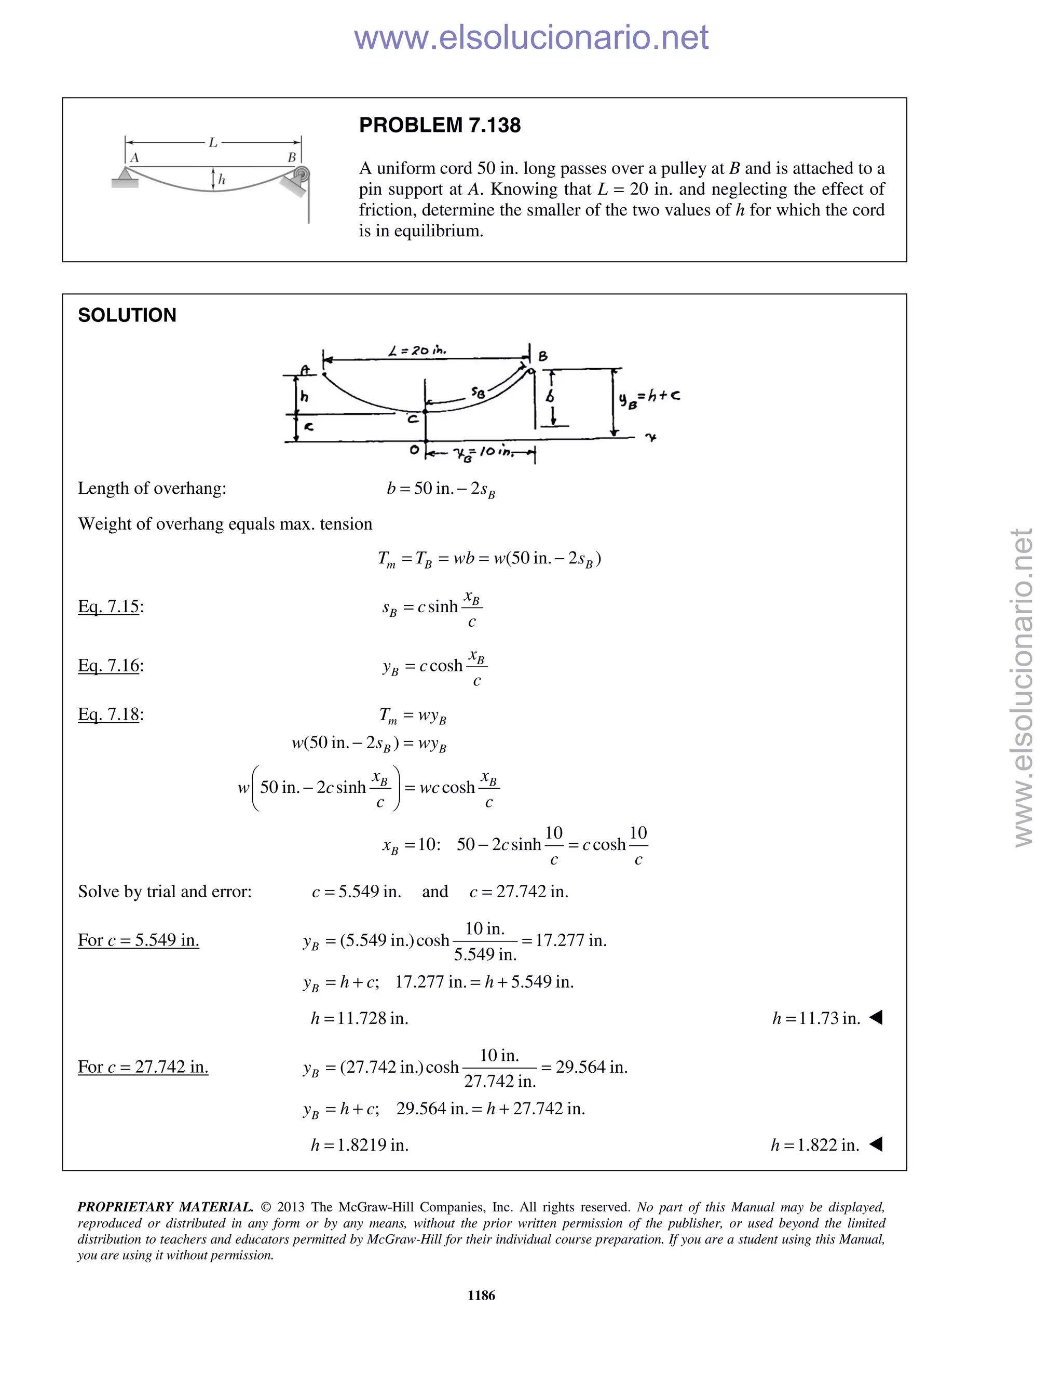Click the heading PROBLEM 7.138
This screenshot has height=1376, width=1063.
pos(440,125)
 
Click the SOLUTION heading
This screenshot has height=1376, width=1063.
pos(127,315)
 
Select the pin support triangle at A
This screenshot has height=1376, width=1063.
pos(125,176)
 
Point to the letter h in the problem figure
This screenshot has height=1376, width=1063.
pos(222,180)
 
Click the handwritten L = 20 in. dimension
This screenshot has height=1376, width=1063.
pos(417,350)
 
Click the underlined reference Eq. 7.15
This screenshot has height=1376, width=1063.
pos(108,606)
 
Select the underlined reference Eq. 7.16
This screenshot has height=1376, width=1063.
pos(108,665)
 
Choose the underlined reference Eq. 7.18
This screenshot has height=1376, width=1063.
pos(108,714)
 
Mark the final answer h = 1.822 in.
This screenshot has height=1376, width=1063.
pos(815,1145)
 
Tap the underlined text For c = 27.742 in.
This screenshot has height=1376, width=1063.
pos(143,1067)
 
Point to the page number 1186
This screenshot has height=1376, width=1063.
pos(481,1296)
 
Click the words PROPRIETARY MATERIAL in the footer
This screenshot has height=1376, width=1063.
pos(165,1207)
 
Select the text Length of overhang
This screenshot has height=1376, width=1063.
pos(151,488)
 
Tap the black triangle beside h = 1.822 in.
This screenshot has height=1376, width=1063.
pos(876,1144)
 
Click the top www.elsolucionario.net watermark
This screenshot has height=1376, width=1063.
pos(531,37)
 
